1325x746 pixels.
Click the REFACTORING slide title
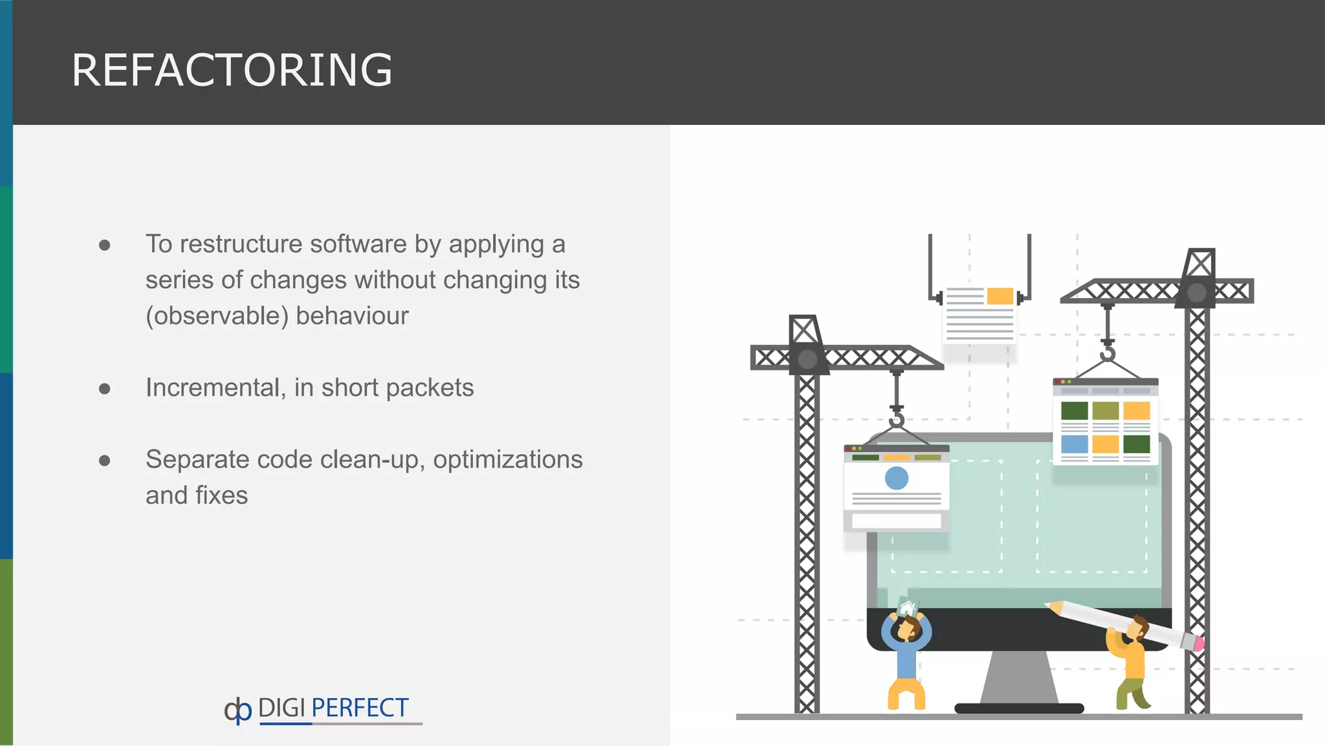pyautogui.click(x=232, y=70)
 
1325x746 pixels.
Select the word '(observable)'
pyautogui.click(x=217, y=316)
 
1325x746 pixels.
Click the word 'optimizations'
pyautogui.click(x=508, y=459)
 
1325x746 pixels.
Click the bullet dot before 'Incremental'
pyautogui.click(x=105, y=389)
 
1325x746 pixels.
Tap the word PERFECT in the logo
pyautogui.click(x=360, y=708)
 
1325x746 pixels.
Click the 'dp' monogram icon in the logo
pyautogui.click(x=237, y=710)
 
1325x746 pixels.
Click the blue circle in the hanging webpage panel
pyautogui.click(x=896, y=478)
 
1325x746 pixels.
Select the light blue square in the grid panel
pyautogui.click(x=1074, y=444)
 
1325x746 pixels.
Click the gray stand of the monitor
pyautogui.click(x=1019, y=677)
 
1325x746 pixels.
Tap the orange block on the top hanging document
pyautogui.click(x=1000, y=297)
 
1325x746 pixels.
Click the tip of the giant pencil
pyautogui.click(x=1049, y=605)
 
